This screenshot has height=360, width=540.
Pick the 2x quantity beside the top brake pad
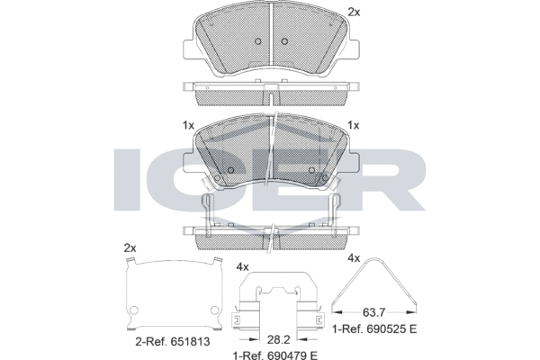(354, 12)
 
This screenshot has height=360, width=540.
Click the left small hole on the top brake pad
(257, 41)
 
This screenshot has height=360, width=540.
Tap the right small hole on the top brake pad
(283, 41)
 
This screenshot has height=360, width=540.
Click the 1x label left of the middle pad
(187, 125)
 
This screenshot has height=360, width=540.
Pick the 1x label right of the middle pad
(354, 125)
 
